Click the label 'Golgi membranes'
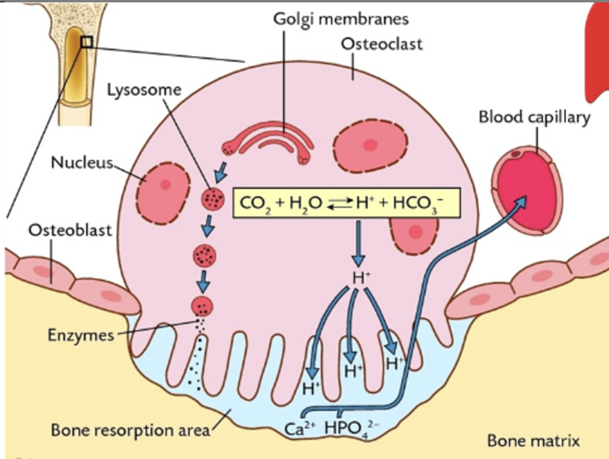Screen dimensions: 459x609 point(340,19)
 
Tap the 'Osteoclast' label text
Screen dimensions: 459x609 point(382,44)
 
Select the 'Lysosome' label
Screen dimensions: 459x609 point(144,90)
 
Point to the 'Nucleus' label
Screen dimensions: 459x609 point(82,162)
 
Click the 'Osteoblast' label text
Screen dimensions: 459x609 point(70,230)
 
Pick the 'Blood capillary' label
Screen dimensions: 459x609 point(534,117)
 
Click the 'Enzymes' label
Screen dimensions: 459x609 point(81,335)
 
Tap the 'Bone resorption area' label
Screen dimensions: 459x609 point(130,430)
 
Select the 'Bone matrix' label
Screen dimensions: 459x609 point(533,441)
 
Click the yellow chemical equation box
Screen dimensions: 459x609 point(346,203)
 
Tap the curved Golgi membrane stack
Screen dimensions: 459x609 point(270,142)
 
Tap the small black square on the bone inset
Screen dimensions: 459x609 point(86,42)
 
